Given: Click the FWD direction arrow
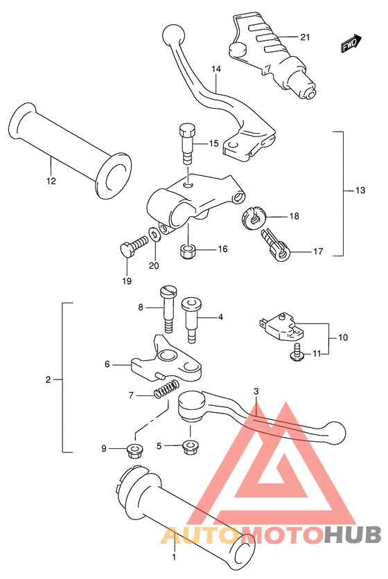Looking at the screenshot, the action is coord(351,42).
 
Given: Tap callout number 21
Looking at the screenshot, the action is coord(305,37).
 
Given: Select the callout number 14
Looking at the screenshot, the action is coord(216,69).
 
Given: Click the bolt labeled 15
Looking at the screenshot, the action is coord(188,143).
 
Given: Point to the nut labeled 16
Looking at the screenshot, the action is coord(188,251).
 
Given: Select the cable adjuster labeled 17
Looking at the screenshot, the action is coord(276,244).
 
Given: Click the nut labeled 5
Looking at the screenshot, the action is coord(189,448).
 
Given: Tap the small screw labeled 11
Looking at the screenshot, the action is coord(297,352).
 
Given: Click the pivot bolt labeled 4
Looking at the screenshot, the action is coord(191,320).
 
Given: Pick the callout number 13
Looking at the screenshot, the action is coord(360,190).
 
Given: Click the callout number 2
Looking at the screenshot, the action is coord(48,380).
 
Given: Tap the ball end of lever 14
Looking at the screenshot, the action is coord(173,35).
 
